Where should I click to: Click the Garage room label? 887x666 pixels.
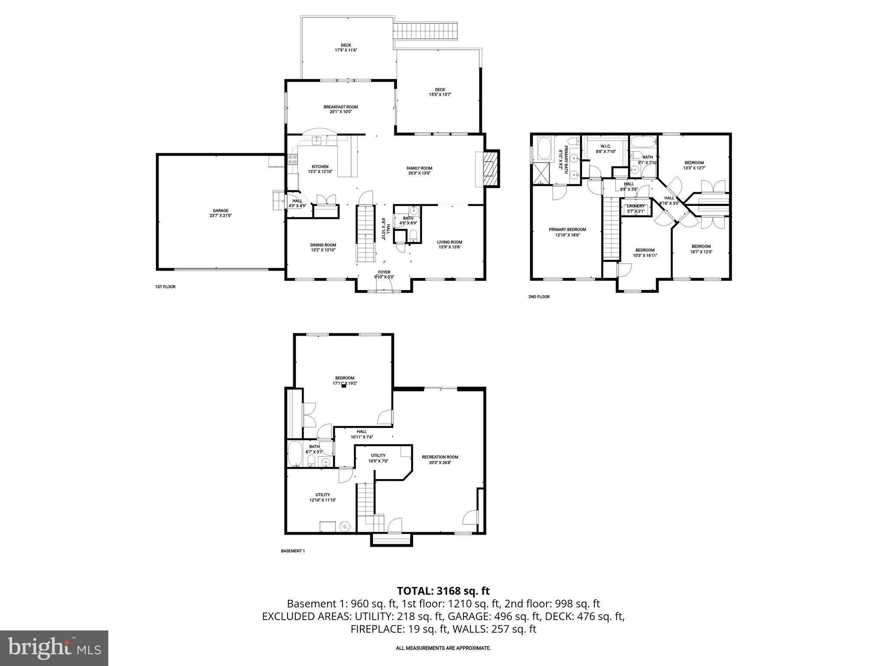(x=220, y=211)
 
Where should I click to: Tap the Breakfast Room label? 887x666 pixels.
(x=340, y=107)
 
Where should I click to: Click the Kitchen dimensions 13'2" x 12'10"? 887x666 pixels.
(x=320, y=172)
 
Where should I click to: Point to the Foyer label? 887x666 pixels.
(x=384, y=272)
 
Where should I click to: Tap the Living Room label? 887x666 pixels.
(x=450, y=242)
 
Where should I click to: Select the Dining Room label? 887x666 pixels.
(x=323, y=245)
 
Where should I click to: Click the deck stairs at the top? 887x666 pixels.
(x=425, y=31)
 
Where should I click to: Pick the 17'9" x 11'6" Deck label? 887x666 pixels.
(x=346, y=45)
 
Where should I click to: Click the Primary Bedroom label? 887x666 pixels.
(x=567, y=230)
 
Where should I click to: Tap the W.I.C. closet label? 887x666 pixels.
(x=605, y=146)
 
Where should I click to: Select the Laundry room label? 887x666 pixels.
(x=636, y=206)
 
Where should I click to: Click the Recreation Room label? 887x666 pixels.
(x=440, y=457)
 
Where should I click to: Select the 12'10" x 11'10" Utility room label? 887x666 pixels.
(x=323, y=495)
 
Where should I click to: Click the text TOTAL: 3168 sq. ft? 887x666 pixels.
(x=443, y=591)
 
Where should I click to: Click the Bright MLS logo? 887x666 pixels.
(x=54, y=648)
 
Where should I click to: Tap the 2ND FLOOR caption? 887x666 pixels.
(x=538, y=297)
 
